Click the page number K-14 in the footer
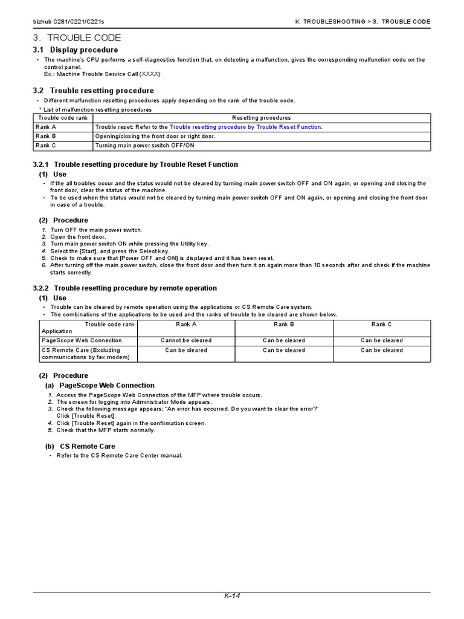232,596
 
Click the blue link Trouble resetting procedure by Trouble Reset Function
245,127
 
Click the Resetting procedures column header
261,118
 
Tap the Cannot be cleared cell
186,340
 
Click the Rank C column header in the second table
382,325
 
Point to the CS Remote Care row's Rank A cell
186,350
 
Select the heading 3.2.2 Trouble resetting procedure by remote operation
124,288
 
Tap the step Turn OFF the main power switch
96,230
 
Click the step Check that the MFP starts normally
106,430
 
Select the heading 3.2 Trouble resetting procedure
93,91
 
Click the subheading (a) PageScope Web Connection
100,385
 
